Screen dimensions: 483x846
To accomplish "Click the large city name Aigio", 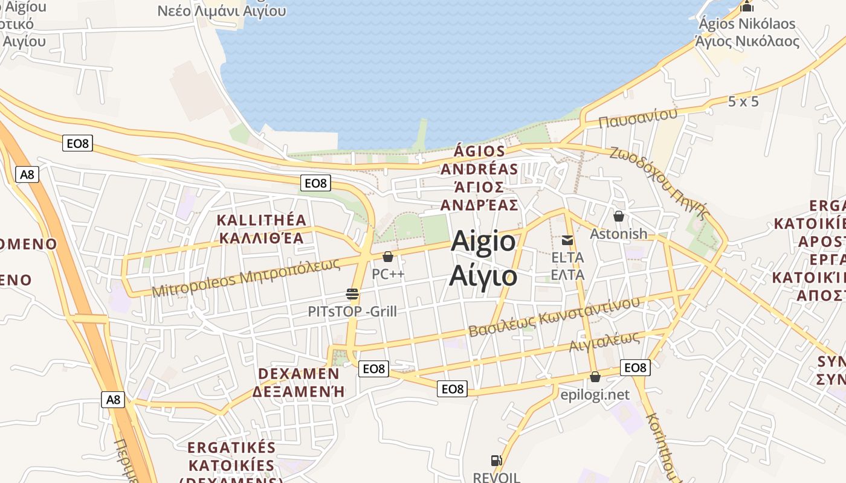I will (x=483, y=242).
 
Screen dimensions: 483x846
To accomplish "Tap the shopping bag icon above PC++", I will (x=388, y=257).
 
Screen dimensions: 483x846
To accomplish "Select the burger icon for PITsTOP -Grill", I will (x=352, y=294).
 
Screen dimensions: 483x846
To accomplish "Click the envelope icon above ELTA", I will (x=567, y=240).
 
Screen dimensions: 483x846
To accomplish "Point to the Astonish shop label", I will (x=618, y=234).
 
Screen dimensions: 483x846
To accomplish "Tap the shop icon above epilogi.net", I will (x=595, y=377).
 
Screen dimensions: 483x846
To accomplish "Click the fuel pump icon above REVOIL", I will (x=497, y=461).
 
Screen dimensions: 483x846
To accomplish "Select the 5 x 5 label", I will (x=743, y=101).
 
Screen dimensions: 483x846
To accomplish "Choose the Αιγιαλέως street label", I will (x=604, y=342).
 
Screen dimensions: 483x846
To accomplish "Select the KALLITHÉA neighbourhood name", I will (x=262, y=220).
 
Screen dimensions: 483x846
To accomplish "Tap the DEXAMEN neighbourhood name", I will (x=299, y=374).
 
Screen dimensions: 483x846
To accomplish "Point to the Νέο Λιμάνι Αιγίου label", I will (x=221, y=11).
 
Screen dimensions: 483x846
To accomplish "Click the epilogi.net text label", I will (x=595, y=395).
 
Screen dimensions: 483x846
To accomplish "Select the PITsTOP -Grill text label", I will (x=352, y=312).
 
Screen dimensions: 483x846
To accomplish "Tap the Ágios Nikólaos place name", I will (x=747, y=24).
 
